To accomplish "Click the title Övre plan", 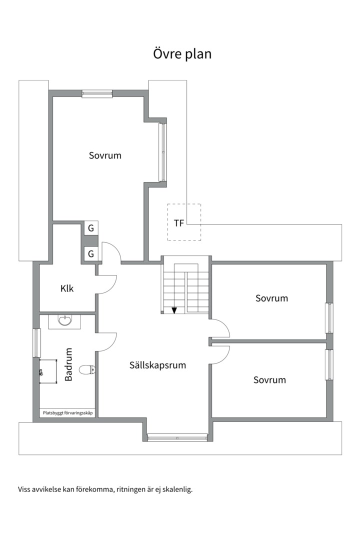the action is tap(182, 54).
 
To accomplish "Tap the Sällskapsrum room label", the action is tap(158, 365).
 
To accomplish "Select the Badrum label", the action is tap(68, 364).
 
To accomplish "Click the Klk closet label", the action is tap(67, 288).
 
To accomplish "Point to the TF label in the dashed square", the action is tap(179, 223).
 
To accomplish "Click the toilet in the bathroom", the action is tap(87, 370).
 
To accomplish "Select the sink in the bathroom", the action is tap(65, 321).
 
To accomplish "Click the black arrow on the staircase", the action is tap(174, 310).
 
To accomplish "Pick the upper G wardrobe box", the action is tap(91, 228).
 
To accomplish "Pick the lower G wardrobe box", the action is tap(91, 254).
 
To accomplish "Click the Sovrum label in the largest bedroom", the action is tap(105, 155).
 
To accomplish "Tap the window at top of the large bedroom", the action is tap(97, 93).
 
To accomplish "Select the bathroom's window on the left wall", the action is tap(36, 342).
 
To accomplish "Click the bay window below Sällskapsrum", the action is tap(177, 438).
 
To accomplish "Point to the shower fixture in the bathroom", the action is tap(41, 371).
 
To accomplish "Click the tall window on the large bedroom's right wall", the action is tap(162, 152).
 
